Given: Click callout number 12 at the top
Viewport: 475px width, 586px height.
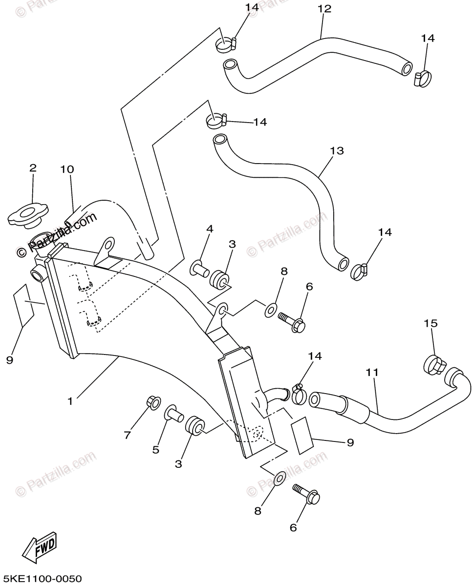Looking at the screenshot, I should [324, 8].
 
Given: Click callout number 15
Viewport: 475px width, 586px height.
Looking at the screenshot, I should [431, 323].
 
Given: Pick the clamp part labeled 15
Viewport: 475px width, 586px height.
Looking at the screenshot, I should [434, 364].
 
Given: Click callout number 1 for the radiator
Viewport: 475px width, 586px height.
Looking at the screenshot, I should [70, 401].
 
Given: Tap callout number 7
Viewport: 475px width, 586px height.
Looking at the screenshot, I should [128, 435].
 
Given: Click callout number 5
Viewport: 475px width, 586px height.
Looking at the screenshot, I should [155, 450].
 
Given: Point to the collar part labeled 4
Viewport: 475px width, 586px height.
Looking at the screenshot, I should [199, 267].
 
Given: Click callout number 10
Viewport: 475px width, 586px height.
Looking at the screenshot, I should [67, 169].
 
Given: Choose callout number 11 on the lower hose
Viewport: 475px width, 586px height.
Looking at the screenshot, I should [372, 372].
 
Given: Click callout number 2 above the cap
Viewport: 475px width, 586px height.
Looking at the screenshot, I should [33, 168].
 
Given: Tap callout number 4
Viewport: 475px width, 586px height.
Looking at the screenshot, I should [210, 229].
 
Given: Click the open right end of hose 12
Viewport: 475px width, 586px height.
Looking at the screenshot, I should [407, 69].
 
